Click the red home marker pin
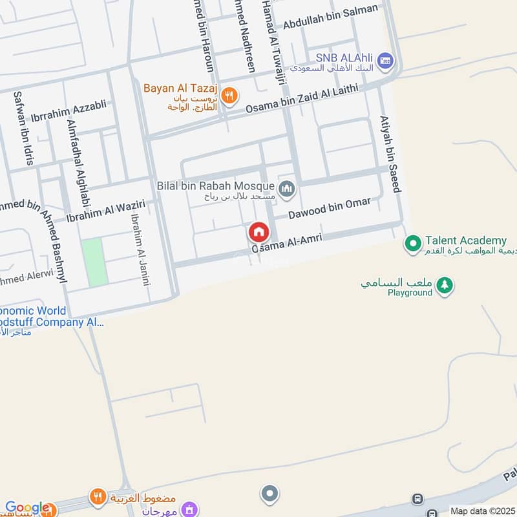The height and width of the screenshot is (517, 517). coord(258,232)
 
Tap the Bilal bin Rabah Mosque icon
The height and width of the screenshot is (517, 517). coord(288,189)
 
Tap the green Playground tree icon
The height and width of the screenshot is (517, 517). coord(445,284)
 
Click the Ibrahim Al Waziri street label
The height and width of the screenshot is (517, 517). coord(105,211)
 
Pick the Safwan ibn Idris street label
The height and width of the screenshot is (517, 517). coord(23,128)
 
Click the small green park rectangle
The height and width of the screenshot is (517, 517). coord(94,262)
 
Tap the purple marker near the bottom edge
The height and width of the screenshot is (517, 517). coord(189,509)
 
